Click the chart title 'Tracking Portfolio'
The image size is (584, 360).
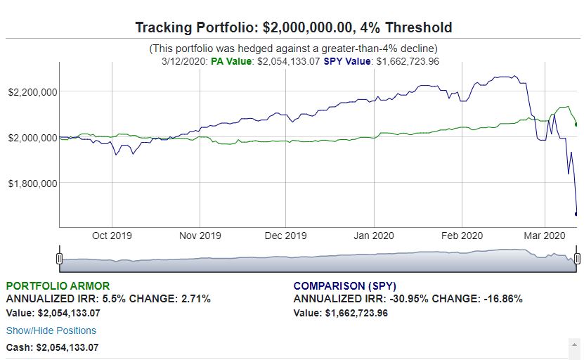195,27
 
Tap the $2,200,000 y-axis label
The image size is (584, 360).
33,92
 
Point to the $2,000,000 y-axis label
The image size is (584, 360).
33,138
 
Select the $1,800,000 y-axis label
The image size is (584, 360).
33,184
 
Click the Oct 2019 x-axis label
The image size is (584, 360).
112,236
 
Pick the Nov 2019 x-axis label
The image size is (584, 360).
200,236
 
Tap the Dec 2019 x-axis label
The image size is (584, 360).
285,236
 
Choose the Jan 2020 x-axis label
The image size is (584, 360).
374,236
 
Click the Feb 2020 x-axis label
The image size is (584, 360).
462,236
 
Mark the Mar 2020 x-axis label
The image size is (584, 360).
545,236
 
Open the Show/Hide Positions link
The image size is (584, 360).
51,330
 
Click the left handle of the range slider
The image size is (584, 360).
59,258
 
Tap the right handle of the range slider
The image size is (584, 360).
577,258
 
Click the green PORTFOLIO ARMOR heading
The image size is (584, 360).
58,286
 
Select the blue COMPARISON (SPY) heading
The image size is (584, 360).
345,286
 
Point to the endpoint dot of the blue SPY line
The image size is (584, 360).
576,214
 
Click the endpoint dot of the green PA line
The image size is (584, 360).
576,124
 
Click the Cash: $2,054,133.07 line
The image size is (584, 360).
53,348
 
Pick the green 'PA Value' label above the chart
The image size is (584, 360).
231,61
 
